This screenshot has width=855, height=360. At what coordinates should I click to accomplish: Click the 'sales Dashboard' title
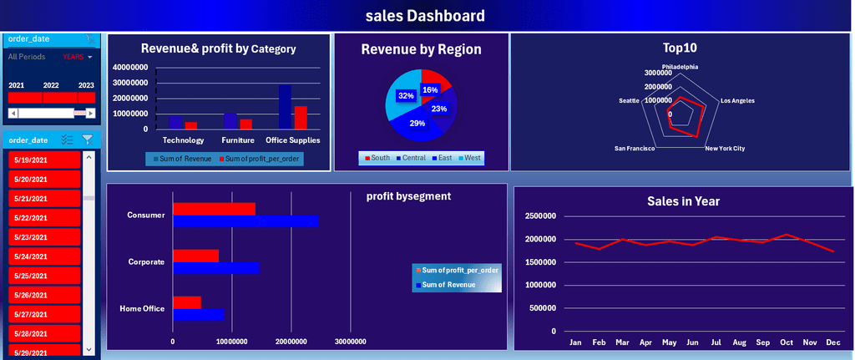pos(425,16)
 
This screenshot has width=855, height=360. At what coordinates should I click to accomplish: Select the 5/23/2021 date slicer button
pos(44,237)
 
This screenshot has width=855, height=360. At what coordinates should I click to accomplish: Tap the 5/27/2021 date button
pos(44,314)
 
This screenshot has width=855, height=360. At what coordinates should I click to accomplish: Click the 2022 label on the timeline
pos(51,85)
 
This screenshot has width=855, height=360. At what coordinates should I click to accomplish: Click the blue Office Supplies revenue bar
pos(285,107)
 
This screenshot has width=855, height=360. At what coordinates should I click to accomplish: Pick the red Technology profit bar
pos(191,125)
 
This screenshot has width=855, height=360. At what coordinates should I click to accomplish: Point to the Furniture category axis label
pos(238,140)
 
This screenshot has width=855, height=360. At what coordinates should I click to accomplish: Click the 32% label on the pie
pos(406,96)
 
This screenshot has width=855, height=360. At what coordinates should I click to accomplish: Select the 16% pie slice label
pos(430,89)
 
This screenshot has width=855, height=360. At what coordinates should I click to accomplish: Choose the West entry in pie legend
pos(470,158)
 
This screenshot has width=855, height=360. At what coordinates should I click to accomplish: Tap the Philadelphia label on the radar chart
pos(680,66)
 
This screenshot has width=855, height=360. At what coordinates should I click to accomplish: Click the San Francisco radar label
pos(635,149)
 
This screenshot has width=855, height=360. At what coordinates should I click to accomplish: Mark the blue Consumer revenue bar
pos(245,221)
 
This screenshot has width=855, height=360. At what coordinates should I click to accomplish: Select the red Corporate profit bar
pos(195,256)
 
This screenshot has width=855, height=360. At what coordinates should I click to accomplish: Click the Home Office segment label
pos(142,309)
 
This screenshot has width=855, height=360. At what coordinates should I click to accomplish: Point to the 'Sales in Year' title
pos(683,200)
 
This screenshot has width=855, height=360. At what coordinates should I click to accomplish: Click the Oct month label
pos(786,342)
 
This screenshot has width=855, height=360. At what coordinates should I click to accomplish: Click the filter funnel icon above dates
pos(87,139)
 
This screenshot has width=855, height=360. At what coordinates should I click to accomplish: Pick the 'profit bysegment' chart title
pos(408,196)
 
